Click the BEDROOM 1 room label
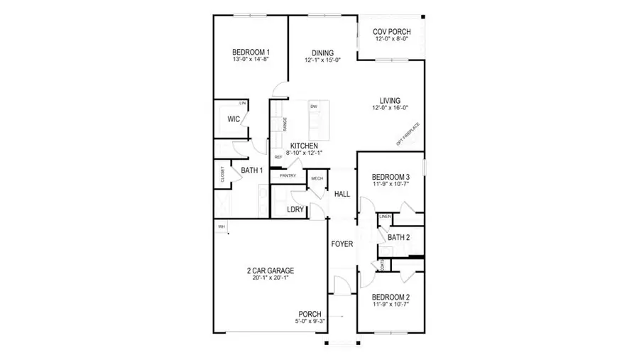point(251,53)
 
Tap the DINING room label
point(323,53)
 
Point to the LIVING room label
point(390,100)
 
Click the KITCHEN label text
point(303,146)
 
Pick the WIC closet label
point(233,119)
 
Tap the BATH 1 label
point(252,170)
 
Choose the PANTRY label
point(288,175)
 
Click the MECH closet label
point(317,178)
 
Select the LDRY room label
point(295,209)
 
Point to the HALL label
point(342,194)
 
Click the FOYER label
point(342,244)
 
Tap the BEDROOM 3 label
point(391,177)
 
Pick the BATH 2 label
point(399,238)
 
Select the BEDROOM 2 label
point(391,298)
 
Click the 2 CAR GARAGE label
point(270,271)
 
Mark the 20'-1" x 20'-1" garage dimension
point(270,278)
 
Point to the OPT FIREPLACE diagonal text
point(408,134)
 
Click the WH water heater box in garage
point(221,227)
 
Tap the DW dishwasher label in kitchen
point(313,107)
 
